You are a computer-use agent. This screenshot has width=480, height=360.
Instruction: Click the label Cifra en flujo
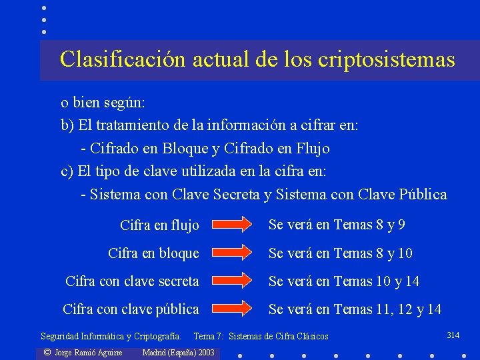159,225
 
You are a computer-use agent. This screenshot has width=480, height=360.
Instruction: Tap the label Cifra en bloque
153,253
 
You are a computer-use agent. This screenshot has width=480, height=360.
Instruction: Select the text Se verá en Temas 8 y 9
337,225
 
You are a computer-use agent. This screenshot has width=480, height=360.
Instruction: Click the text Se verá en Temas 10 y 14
344,281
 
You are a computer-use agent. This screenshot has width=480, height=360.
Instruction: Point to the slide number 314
453,335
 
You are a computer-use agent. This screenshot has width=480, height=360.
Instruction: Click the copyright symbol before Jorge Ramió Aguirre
47,352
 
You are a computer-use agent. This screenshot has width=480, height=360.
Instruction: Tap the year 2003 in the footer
206,352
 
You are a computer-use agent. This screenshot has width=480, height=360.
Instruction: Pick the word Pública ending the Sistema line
423,195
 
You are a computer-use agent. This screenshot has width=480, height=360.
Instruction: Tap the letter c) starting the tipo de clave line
67,171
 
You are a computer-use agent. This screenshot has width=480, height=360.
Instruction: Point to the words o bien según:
103,103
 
